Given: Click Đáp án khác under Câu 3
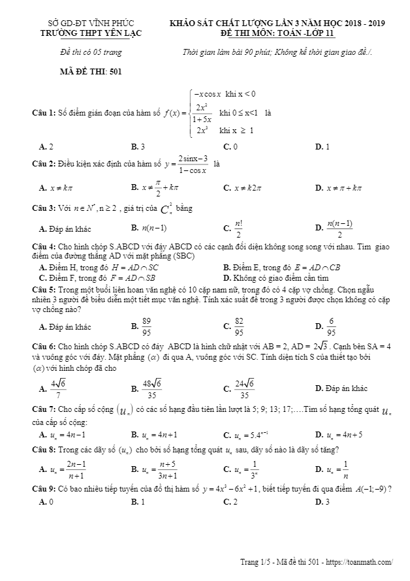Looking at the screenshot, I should point(65,229).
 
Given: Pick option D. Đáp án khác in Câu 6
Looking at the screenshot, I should point(341,388).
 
